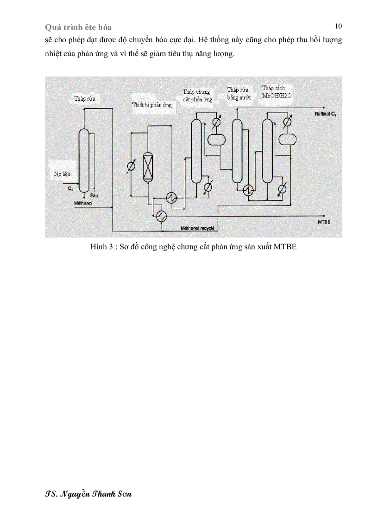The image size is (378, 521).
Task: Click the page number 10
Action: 338,26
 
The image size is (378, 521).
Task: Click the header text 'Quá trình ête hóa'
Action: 78,28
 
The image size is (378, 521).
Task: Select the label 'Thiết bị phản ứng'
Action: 151,105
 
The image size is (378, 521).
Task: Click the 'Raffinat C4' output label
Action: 326,113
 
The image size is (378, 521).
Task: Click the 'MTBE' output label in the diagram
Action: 324,223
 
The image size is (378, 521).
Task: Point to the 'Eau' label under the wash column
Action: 94,195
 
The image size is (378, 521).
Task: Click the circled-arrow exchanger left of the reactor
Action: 131,167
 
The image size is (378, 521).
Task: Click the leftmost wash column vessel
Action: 83,160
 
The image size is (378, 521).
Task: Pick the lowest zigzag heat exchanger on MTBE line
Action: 162,215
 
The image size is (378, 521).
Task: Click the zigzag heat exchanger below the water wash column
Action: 248,190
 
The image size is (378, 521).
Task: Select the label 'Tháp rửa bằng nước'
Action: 239,94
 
